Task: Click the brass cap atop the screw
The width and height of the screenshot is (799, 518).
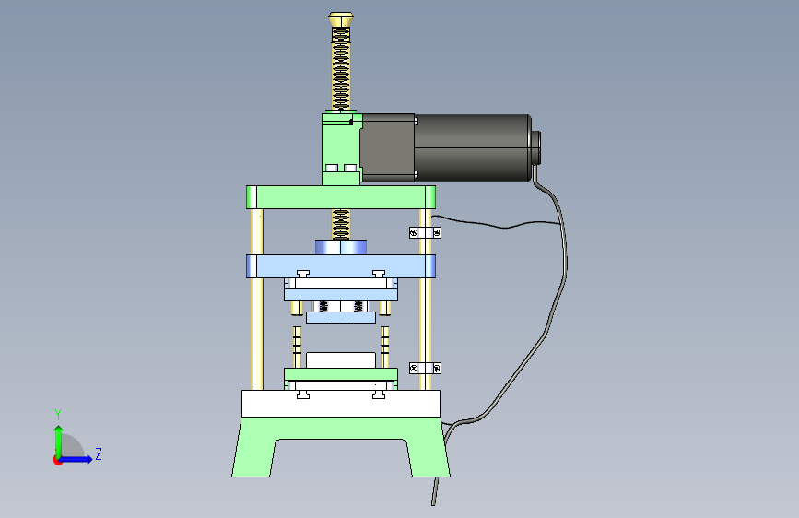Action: [x=341, y=19]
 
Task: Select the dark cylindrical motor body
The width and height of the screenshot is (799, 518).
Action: [x=473, y=147]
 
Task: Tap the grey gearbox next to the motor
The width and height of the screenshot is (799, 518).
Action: [x=387, y=147]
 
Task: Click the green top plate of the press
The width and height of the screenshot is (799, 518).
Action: [x=341, y=197]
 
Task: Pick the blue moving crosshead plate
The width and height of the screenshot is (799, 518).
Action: [x=341, y=266]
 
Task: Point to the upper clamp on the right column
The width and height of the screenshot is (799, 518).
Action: [x=425, y=233]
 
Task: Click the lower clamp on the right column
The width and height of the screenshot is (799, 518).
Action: [x=425, y=368]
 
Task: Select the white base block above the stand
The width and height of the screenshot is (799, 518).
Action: [x=341, y=404]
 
